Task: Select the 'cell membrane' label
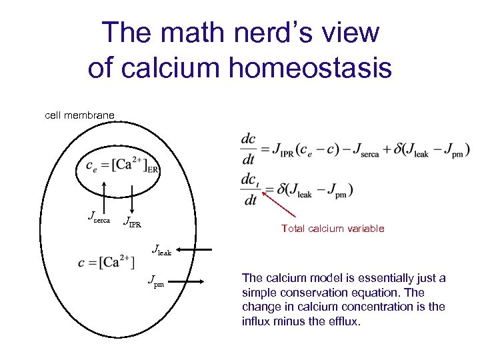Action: [x=79, y=115]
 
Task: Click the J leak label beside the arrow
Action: [x=162, y=251]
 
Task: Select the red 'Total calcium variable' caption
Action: [x=333, y=229]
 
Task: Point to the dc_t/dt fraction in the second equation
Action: [x=249, y=189]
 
